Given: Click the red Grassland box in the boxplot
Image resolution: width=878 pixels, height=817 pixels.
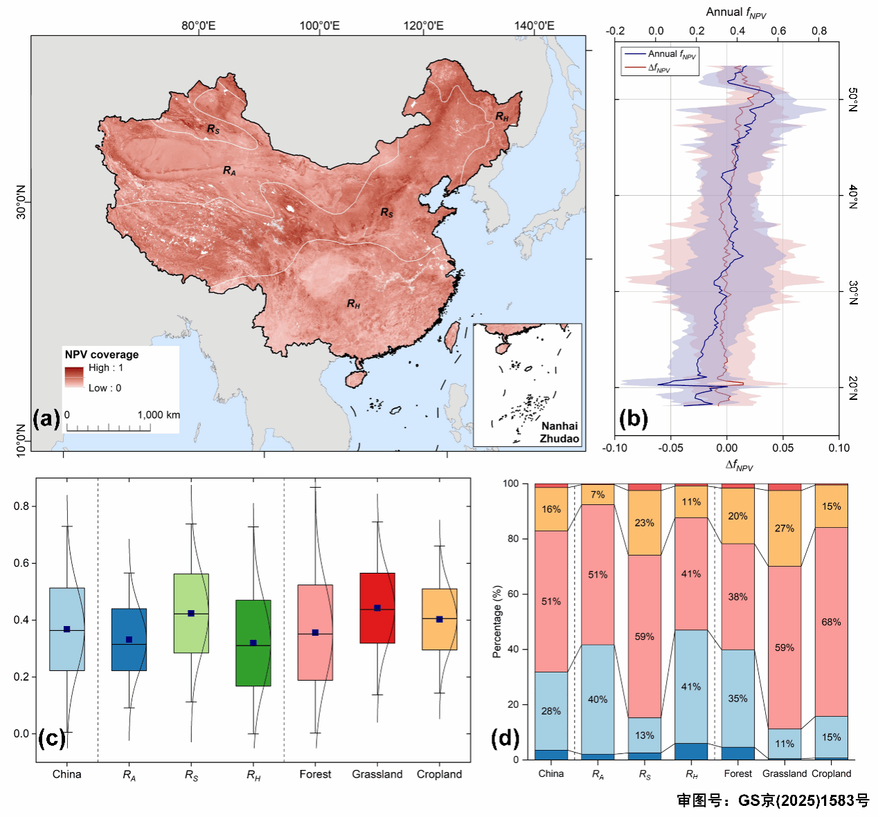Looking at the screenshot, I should [x=377, y=608].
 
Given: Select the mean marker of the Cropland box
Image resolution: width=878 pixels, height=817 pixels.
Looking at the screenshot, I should [x=440, y=619].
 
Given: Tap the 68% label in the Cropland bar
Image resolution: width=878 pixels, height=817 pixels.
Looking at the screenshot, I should [x=831, y=622].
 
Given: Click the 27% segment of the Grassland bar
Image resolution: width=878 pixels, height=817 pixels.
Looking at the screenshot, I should [x=785, y=528].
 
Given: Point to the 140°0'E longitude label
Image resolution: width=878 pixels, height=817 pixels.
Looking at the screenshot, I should [x=534, y=26].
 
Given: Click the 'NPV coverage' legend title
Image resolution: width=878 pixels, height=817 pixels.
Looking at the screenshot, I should [x=102, y=354].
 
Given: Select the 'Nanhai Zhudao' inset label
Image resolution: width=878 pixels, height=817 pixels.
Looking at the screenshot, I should [x=559, y=432].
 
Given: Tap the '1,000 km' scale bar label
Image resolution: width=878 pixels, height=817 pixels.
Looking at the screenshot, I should [x=159, y=415].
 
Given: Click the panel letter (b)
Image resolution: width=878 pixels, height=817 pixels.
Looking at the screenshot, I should [x=633, y=419].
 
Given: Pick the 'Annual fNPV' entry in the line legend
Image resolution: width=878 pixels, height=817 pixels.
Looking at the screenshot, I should [x=671, y=54].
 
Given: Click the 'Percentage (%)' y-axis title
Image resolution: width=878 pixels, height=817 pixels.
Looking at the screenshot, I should [x=496, y=621].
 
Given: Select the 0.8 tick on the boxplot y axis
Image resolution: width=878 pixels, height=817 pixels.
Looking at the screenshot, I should [x=21, y=506].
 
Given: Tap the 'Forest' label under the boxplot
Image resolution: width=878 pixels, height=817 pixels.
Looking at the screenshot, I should [x=315, y=774].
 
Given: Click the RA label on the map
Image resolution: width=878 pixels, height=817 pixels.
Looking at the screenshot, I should [x=229, y=170].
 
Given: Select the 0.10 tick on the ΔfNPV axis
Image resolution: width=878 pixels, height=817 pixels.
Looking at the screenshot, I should [x=839, y=448].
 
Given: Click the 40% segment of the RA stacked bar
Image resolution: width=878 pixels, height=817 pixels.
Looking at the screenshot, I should [x=598, y=699].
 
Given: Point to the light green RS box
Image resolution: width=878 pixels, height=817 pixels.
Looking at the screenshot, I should [x=191, y=613].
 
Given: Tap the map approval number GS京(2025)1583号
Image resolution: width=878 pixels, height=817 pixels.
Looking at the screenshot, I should [x=773, y=800].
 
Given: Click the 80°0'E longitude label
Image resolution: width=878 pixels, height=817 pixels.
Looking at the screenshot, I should [x=199, y=26].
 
